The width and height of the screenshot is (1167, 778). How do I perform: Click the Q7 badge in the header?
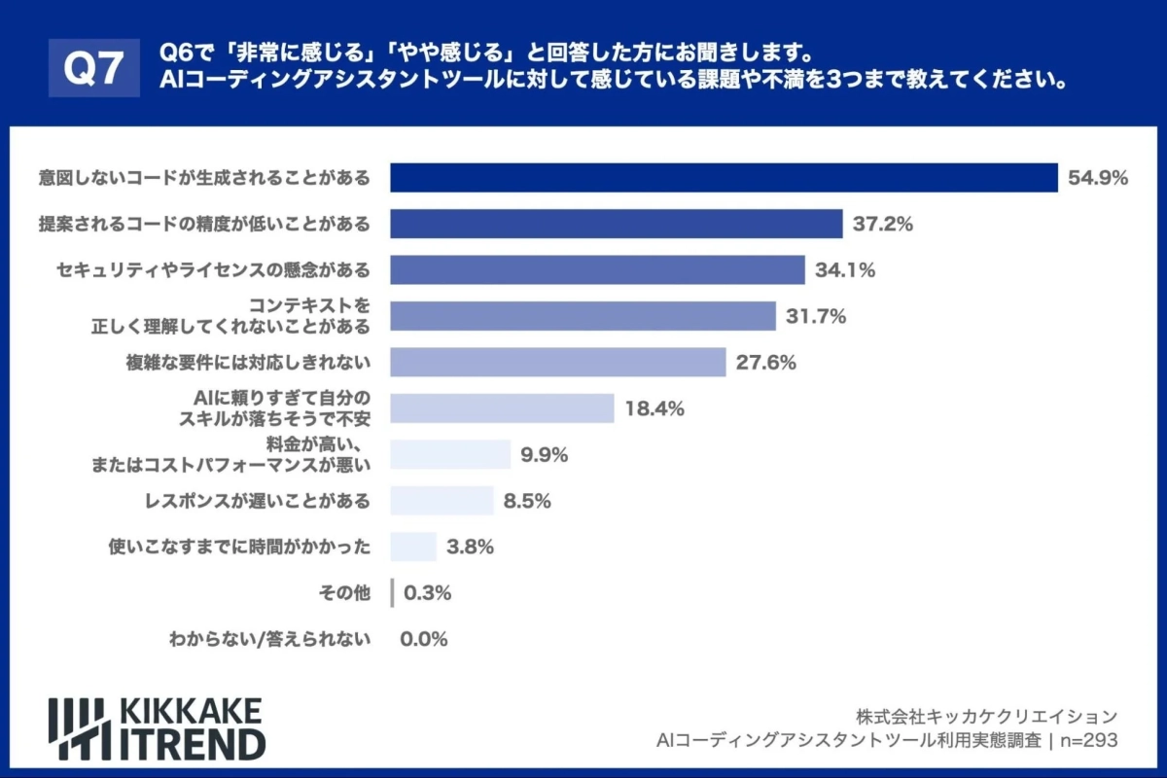click(x=93, y=67)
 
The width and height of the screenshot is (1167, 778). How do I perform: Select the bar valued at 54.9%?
click(x=724, y=178)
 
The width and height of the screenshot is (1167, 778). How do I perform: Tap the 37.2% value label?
click(x=882, y=225)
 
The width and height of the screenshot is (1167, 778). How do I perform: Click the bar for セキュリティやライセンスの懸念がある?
click(x=597, y=270)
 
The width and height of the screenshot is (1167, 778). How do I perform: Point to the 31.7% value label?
click(x=816, y=316)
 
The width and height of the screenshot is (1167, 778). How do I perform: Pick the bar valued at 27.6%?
click(x=557, y=363)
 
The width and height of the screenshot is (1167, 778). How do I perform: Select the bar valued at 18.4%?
click(x=502, y=408)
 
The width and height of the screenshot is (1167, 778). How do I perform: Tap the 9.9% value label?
click(x=544, y=454)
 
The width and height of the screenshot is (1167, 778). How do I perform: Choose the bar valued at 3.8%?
click(x=413, y=547)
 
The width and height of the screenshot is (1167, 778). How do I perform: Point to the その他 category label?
click(x=344, y=593)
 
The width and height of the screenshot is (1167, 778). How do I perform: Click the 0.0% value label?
click(x=423, y=639)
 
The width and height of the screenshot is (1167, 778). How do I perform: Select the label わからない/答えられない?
click(x=269, y=639)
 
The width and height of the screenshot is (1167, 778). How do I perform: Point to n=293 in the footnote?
click(x=1086, y=741)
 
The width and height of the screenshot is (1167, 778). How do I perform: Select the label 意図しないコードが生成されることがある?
click(x=205, y=178)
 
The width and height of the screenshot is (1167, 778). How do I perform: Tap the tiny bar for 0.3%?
click(x=392, y=593)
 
